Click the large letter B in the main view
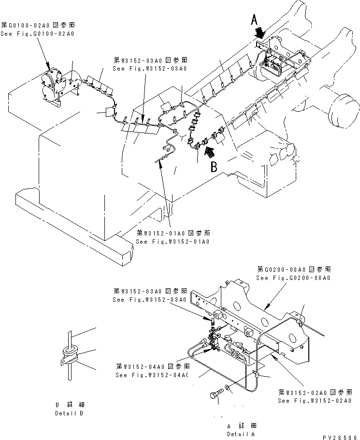coord(214,168)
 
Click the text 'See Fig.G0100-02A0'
coord(38,33)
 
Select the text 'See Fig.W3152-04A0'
coord(151,375)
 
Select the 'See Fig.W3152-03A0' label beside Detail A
coord(149,300)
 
